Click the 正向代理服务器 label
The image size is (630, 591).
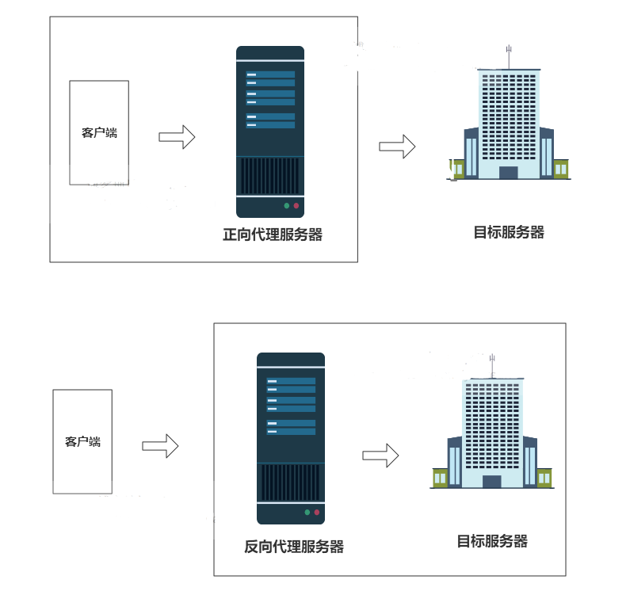pyautogui.click(x=273, y=234)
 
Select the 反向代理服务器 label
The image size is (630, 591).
pyautogui.click(x=293, y=547)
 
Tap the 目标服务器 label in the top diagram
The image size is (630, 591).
pyautogui.click(x=509, y=232)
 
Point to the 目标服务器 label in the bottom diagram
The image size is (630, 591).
pyautogui.click(x=492, y=541)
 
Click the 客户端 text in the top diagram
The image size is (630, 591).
pyautogui.click(x=99, y=132)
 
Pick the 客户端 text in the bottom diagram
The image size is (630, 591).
pyautogui.click(x=82, y=441)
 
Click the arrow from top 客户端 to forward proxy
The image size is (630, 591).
pyautogui.click(x=177, y=136)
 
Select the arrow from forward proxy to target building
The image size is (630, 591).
pyautogui.click(x=397, y=146)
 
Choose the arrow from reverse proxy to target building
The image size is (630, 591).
pyautogui.click(x=380, y=455)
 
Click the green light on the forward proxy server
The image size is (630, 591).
pyautogui.click(x=287, y=206)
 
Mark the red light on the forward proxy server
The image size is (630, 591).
pyautogui.click(x=296, y=206)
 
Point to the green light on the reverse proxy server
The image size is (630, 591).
pyautogui.click(x=307, y=513)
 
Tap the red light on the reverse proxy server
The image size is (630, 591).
pyautogui.click(x=317, y=513)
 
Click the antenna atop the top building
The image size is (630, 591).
pyautogui.click(x=509, y=56)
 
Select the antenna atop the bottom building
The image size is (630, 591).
pyautogui.click(x=492, y=365)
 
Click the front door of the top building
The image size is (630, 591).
pyautogui.click(x=508, y=173)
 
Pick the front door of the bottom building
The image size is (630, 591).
pyautogui.click(x=491, y=481)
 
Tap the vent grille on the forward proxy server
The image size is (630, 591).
pyautogui.click(x=269, y=176)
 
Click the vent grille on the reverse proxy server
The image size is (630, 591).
pyautogui.click(x=290, y=482)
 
